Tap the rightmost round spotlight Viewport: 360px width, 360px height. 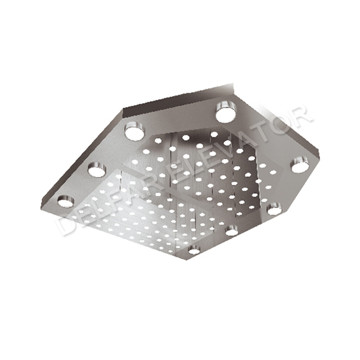300,166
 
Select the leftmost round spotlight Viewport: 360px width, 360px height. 65,200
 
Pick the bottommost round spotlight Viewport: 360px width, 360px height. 194,250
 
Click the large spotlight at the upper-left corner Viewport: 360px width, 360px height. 134,132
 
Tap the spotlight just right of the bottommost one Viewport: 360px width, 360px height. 232,229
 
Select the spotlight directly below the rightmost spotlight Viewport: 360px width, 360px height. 274,209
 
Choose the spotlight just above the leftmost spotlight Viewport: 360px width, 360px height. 96,169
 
